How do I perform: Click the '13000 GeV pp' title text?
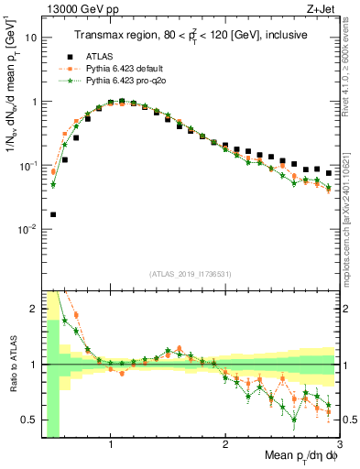click(75, 9)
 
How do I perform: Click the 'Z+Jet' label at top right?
click(323, 9)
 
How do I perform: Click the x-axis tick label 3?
click(339, 444)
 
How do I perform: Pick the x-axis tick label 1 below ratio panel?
click(111, 444)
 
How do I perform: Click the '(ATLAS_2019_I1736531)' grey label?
click(190, 274)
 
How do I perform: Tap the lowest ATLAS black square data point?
click(52, 215)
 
